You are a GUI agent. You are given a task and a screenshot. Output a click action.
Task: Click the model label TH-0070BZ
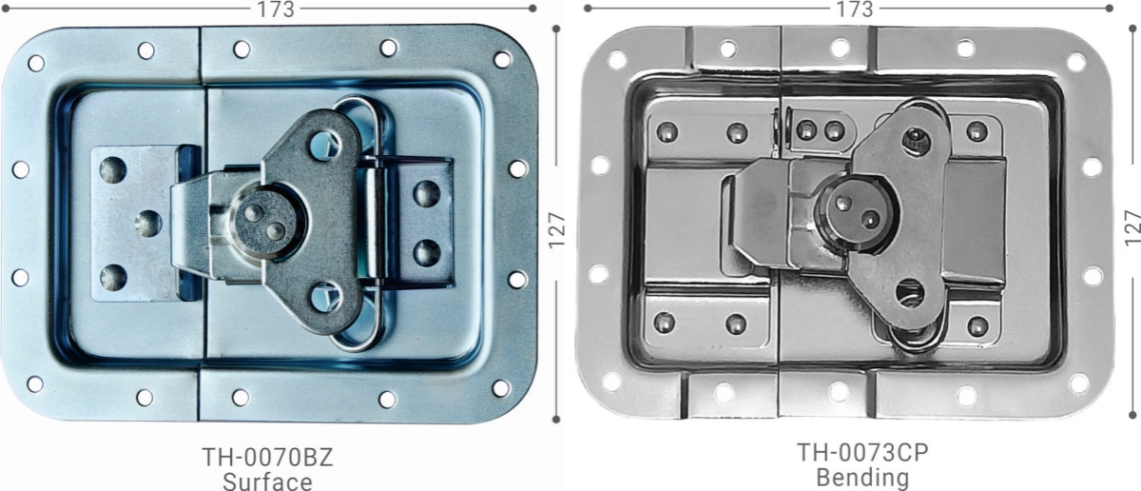267,457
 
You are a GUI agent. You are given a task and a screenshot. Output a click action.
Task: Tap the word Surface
267,481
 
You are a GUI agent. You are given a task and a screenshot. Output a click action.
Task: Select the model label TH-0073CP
861,453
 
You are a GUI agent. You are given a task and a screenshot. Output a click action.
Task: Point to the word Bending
861,476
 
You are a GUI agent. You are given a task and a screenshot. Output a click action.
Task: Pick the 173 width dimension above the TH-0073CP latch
854,10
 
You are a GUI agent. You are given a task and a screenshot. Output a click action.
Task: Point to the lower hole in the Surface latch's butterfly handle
325,298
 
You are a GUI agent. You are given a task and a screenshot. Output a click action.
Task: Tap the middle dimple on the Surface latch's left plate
146,224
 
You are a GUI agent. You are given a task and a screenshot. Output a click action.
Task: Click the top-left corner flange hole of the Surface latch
36,63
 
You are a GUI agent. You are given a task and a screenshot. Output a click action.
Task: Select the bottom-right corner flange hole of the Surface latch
501,387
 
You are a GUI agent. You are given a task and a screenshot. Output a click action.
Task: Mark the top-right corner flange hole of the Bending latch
1075,62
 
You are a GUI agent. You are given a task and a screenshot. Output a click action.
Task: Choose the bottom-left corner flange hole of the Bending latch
610,381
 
